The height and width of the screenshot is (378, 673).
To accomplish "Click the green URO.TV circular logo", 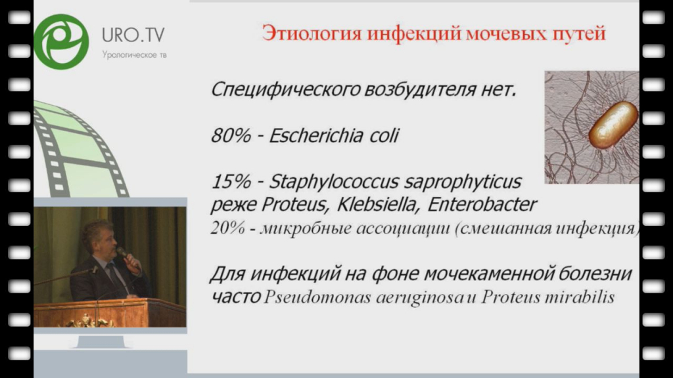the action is coord(61,41).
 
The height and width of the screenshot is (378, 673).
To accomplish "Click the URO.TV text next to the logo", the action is coord(133,35).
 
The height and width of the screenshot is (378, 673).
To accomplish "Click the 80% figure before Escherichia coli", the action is coord(231,136).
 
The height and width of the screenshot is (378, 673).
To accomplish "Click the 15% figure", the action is coord(231,182).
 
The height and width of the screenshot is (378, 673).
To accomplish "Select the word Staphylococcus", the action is coord(334,182).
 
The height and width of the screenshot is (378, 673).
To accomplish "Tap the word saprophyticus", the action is coord(463,182).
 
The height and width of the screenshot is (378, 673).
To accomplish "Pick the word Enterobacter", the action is coord(482,205).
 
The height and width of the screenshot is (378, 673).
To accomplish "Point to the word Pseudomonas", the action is coord(317,297).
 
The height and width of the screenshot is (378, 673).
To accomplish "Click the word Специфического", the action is coord(285,90).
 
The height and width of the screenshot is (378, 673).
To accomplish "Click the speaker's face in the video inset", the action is coord(104,241).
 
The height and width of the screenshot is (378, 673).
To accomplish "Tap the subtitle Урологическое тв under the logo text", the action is coord(134,55).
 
